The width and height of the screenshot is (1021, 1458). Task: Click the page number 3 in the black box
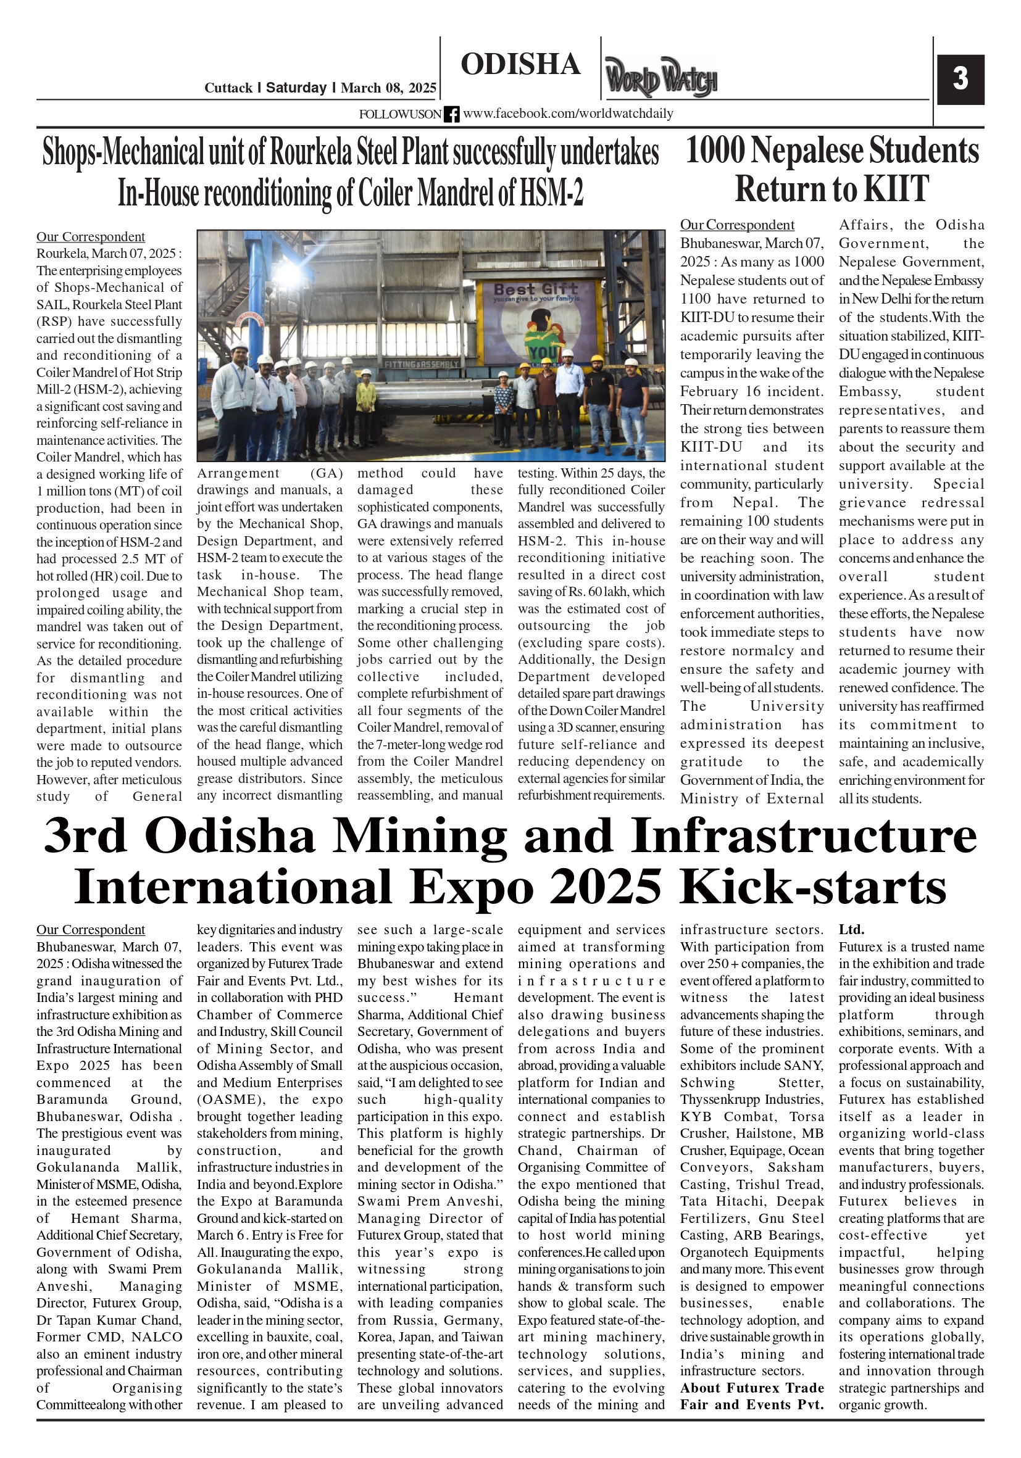959,80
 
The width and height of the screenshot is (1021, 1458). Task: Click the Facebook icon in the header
451,114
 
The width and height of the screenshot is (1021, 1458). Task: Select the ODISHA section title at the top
520,65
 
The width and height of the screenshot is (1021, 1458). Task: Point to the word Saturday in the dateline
296,88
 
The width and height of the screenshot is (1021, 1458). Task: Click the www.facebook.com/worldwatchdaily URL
568,114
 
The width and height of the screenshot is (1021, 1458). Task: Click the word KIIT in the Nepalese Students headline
896,189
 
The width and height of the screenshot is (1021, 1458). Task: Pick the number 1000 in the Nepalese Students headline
715,151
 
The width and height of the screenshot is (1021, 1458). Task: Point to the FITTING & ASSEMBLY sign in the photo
421,365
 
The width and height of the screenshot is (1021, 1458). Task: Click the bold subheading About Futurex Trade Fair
752,1388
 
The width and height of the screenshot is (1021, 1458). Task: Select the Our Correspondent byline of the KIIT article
737,225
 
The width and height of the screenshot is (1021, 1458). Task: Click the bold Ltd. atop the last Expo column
851,930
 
